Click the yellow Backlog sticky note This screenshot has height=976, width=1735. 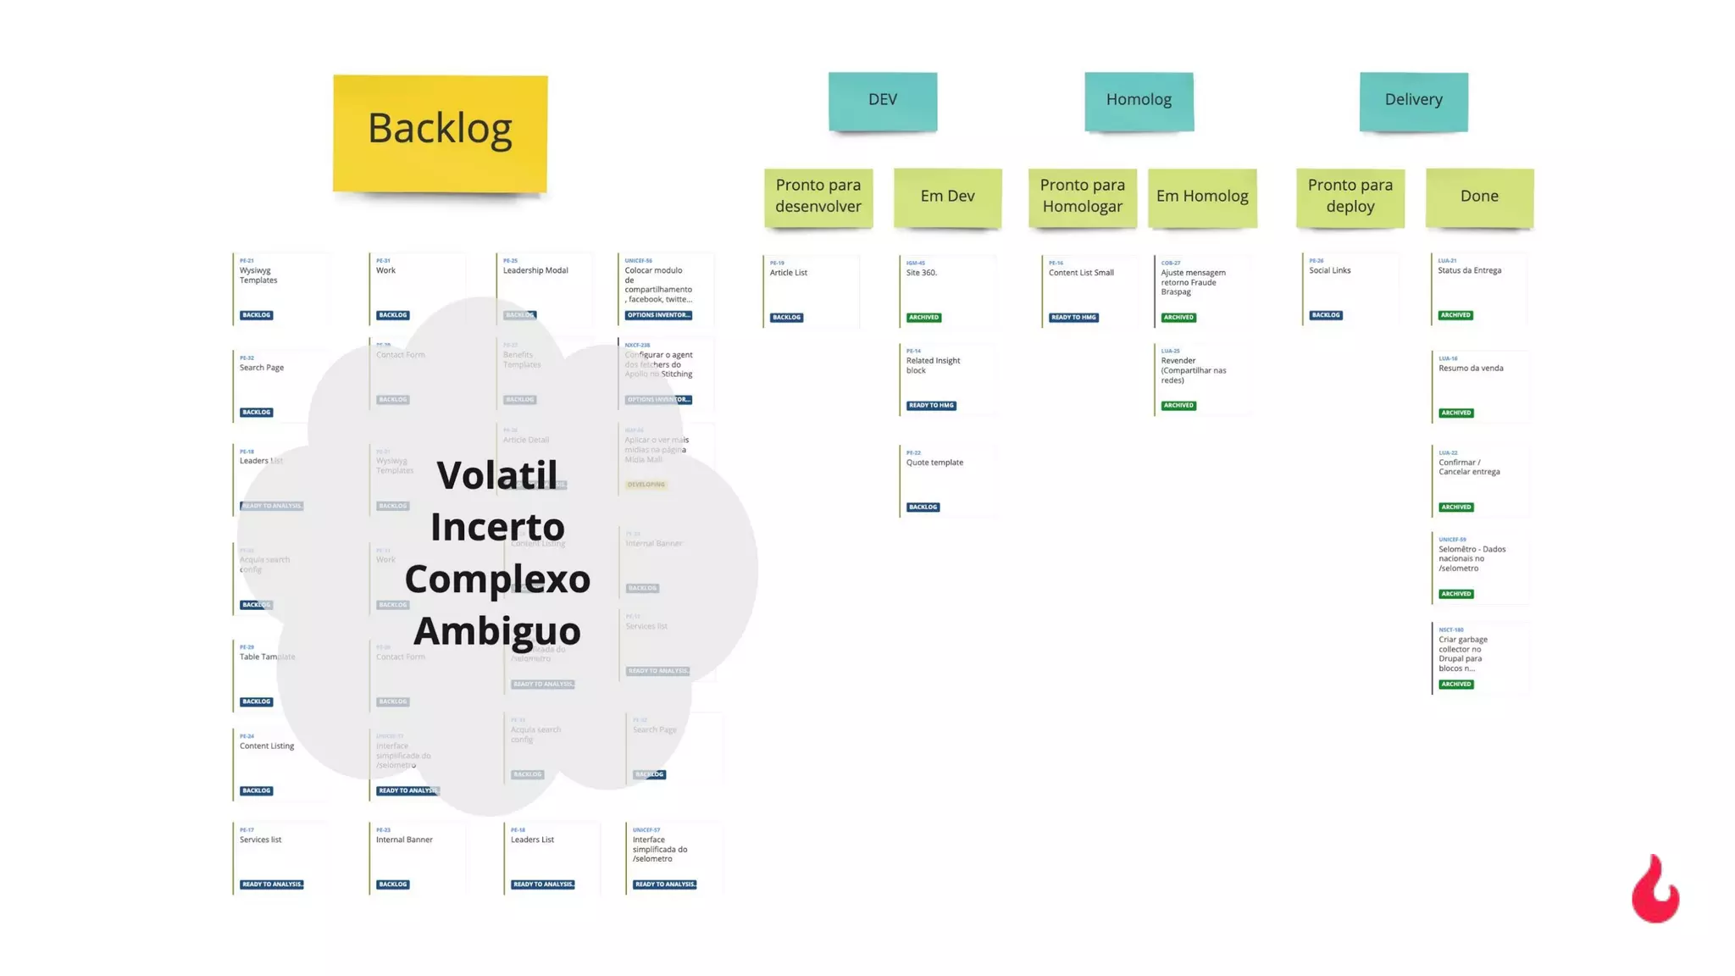[x=440, y=133]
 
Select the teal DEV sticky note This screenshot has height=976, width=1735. [x=883, y=101]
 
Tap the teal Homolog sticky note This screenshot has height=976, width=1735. [x=1139, y=101]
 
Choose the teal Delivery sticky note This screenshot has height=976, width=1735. [x=1413, y=101]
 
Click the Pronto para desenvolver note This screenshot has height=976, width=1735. [x=818, y=197]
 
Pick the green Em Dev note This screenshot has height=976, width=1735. [x=947, y=197]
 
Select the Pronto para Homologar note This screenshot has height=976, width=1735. [x=1082, y=197]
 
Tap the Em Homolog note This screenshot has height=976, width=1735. [x=1202, y=197]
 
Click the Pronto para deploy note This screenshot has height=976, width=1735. [x=1350, y=197]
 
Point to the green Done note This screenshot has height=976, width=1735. [x=1479, y=197]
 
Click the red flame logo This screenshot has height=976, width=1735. [x=1655, y=890]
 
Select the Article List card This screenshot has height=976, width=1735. [x=811, y=291]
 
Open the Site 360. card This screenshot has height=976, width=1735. [x=947, y=291]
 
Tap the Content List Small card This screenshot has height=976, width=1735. [x=1090, y=291]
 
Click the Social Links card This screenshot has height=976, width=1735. [x=1350, y=289]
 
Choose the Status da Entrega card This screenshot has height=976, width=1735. [x=1479, y=289]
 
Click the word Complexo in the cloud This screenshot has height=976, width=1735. [x=497, y=579]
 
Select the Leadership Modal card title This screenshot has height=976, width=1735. [x=535, y=271]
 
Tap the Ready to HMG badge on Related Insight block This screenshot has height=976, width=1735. [x=931, y=406]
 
